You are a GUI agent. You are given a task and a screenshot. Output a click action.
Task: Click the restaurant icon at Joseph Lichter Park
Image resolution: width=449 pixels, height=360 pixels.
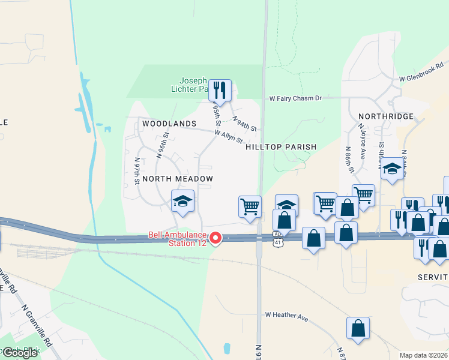point(220,90)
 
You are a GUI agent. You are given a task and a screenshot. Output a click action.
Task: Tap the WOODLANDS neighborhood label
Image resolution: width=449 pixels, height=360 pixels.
point(169,124)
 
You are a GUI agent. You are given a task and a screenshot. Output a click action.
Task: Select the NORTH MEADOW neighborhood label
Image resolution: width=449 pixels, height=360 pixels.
point(178,179)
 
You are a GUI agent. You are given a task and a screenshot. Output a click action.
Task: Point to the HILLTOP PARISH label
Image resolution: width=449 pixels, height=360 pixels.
point(281,146)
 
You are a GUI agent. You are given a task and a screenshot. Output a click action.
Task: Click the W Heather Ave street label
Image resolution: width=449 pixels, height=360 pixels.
point(287,316)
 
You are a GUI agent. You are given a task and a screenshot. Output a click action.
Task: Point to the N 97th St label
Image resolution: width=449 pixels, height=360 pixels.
point(137,171)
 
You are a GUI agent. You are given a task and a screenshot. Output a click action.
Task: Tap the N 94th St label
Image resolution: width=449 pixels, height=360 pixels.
point(244,124)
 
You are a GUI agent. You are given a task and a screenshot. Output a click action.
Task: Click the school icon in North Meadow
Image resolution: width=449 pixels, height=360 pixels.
point(182,201)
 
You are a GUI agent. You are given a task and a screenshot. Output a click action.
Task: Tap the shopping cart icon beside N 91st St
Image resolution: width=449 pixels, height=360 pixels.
point(250,206)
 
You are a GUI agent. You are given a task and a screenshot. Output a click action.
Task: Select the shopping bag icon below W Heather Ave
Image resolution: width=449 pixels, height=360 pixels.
point(358,328)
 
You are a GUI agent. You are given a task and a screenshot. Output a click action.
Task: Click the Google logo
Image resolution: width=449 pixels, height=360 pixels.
point(19,353)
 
